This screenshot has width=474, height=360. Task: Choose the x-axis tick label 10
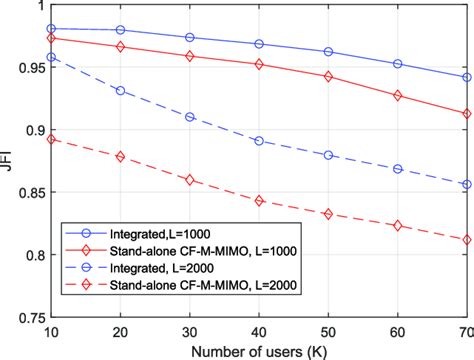pos(51,331)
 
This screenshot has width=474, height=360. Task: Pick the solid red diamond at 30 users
pos(190,56)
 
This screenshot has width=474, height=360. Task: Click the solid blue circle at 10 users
pos(51,29)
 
